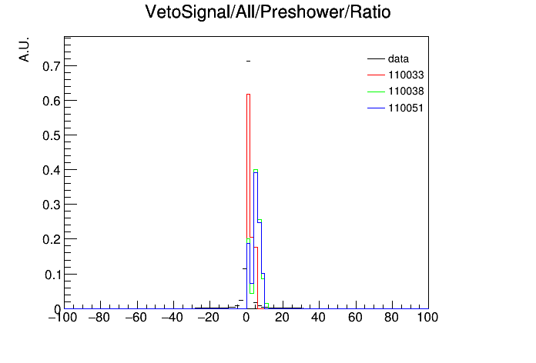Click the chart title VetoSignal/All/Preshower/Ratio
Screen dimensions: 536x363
point(268,12)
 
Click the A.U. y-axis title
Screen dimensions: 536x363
point(25,49)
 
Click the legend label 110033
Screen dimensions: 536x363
point(406,75)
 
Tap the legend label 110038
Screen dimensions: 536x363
point(406,92)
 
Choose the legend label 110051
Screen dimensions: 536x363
point(406,108)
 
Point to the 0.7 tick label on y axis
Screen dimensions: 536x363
point(52,66)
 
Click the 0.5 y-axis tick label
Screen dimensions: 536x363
point(52,135)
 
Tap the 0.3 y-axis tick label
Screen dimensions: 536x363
point(52,205)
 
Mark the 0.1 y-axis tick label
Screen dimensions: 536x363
point(52,275)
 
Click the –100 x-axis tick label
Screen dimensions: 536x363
point(62,318)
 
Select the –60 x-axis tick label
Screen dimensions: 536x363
point(136,318)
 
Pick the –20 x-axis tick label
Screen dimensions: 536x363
point(209,318)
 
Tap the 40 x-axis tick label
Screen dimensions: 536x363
point(318,318)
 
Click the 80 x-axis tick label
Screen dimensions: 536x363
point(391,318)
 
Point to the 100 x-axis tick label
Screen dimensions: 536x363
point(427,318)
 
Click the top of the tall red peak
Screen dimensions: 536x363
point(248,95)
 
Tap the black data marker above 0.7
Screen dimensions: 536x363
point(248,61)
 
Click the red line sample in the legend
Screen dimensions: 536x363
point(376,75)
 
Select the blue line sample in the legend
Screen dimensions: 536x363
point(376,108)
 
